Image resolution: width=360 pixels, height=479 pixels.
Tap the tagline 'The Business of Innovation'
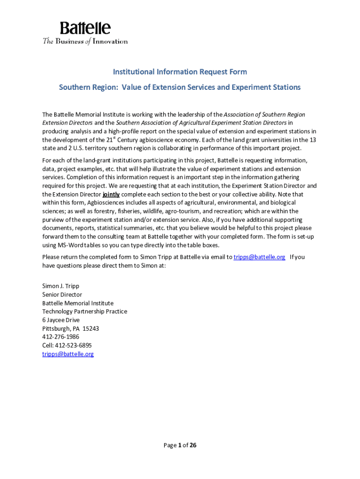85,41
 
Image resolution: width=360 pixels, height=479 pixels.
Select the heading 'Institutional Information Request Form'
180,72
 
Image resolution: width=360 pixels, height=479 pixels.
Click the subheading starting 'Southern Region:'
180,87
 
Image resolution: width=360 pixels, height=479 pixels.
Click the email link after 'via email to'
259,257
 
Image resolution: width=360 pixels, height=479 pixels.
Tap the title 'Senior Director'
62,295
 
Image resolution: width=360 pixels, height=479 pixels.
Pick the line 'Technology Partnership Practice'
85,312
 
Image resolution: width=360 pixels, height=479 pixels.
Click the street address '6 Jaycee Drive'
61,320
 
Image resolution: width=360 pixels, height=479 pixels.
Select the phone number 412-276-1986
61,337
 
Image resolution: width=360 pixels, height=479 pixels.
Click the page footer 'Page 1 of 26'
180,445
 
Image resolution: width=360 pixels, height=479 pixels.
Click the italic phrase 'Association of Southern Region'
264,115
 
